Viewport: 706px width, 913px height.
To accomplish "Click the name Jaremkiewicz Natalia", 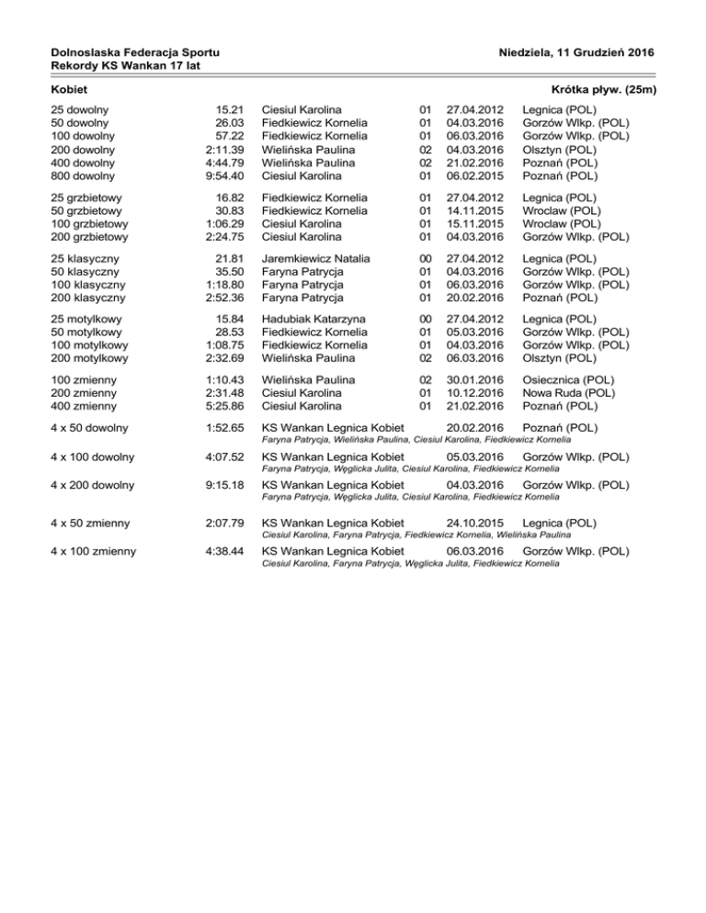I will (315, 258).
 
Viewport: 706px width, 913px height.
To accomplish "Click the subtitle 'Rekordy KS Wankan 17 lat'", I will (113, 66).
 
